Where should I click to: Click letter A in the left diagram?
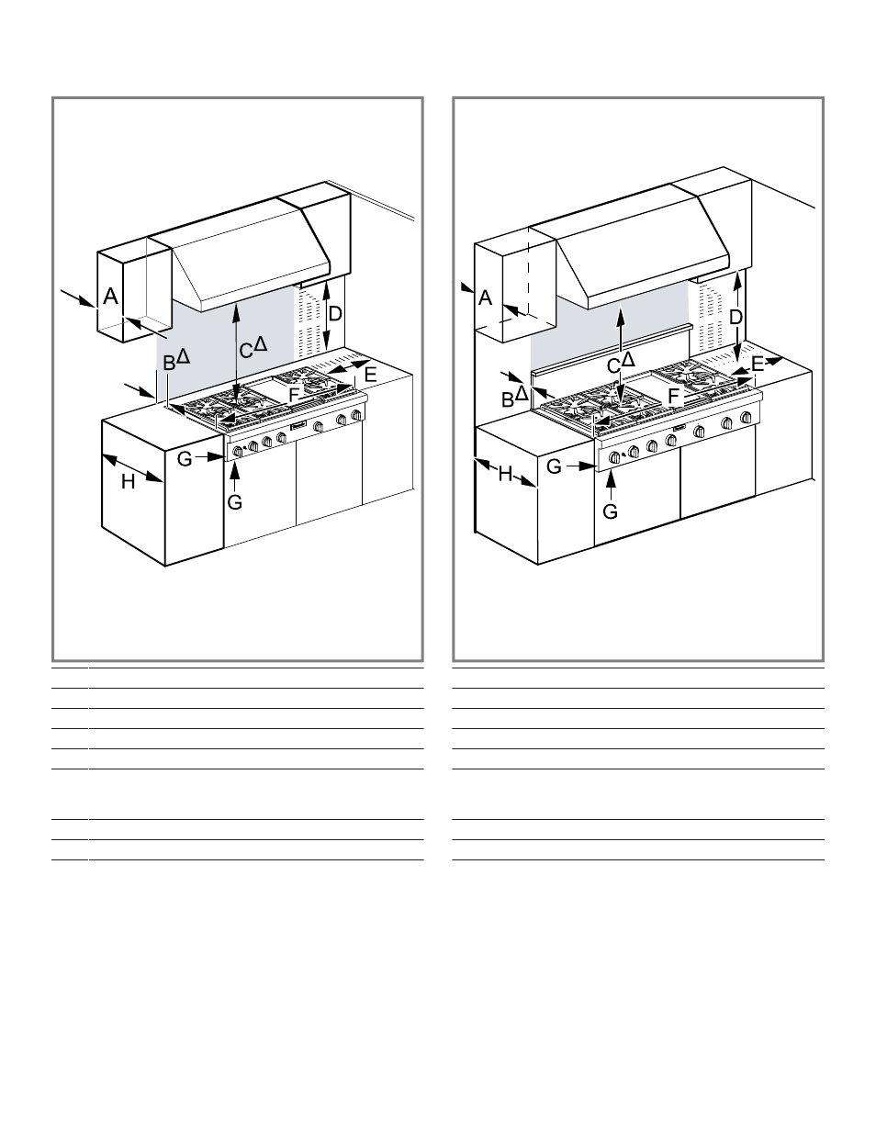(x=110, y=297)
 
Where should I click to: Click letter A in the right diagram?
(x=485, y=298)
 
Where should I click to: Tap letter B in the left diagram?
(x=169, y=364)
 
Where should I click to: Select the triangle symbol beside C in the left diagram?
(x=261, y=344)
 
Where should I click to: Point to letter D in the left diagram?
(x=334, y=314)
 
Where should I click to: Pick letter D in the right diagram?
(x=736, y=318)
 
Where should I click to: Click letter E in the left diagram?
(x=370, y=375)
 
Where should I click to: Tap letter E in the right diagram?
(x=758, y=364)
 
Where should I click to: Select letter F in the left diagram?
(x=294, y=395)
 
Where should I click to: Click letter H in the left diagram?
(x=128, y=482)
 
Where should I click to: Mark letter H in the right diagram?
(x=505, y=475)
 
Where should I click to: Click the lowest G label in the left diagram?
(x=235, y=502)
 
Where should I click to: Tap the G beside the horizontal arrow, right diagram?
(x=554, y=466)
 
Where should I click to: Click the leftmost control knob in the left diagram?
(x=238, y=451)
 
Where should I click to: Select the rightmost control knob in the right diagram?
(x=747, y=417)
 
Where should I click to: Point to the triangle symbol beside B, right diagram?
(x=522, y=393)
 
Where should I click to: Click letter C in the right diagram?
(x=613, y=366)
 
